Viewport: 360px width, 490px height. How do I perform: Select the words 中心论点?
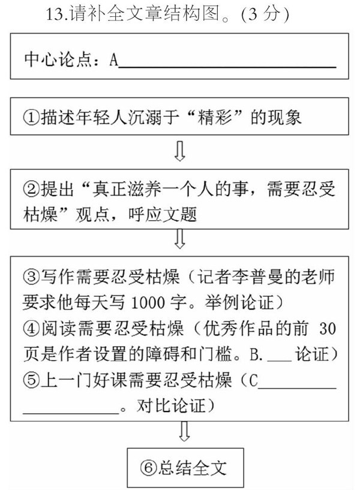pyautogui.click(x=55, y=61)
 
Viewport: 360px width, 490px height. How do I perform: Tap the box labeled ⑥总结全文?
pyautogui.click(x=188, y=467)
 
